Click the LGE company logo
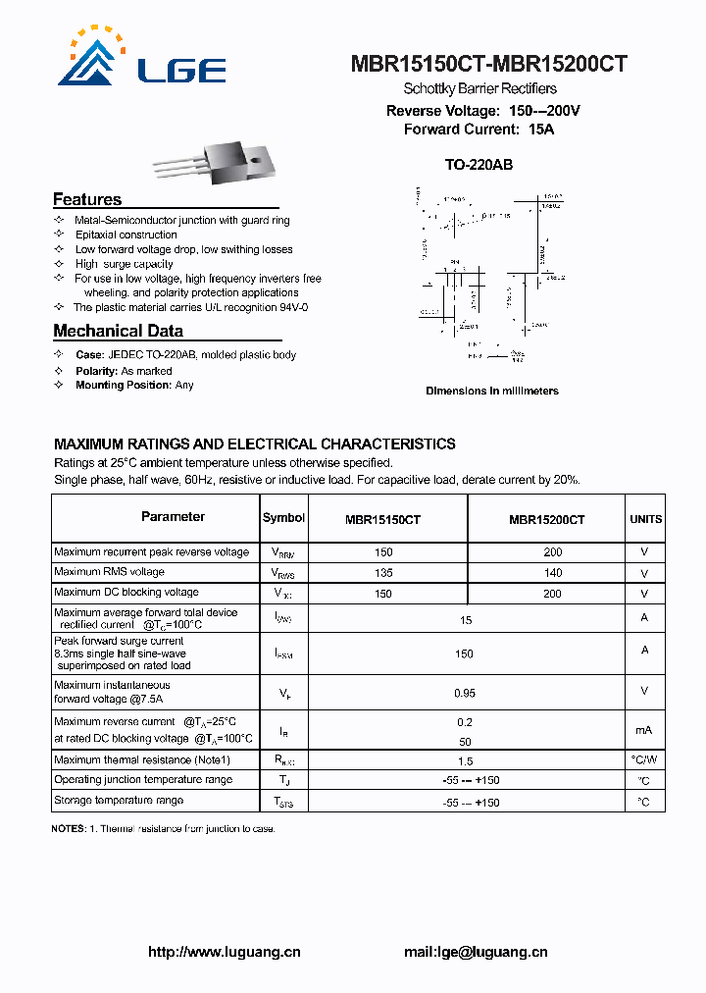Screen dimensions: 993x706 coord(142,56)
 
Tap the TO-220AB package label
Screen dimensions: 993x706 coord(479,165)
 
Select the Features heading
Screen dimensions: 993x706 coord(87,199)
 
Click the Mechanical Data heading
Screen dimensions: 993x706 coord(118,331)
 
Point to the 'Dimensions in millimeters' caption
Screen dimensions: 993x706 coord(491,391)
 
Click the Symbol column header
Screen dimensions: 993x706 coord(283,518)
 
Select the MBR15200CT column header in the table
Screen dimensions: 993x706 coord(546,519)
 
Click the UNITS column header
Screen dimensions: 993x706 coord(645,519)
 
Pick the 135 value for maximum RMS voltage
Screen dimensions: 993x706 coord(382,573)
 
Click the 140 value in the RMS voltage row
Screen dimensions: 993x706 coord(552,573)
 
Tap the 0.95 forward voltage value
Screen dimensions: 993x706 coord(465,694)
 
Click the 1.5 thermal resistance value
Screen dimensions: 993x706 coord(465,760)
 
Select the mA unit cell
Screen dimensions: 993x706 coord(644,729)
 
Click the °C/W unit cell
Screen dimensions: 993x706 coord(644,760)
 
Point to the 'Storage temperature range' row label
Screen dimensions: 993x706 coord(119,801)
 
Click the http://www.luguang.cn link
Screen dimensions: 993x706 coord(224,952)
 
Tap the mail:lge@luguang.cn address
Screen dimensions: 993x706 coord(476,952)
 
